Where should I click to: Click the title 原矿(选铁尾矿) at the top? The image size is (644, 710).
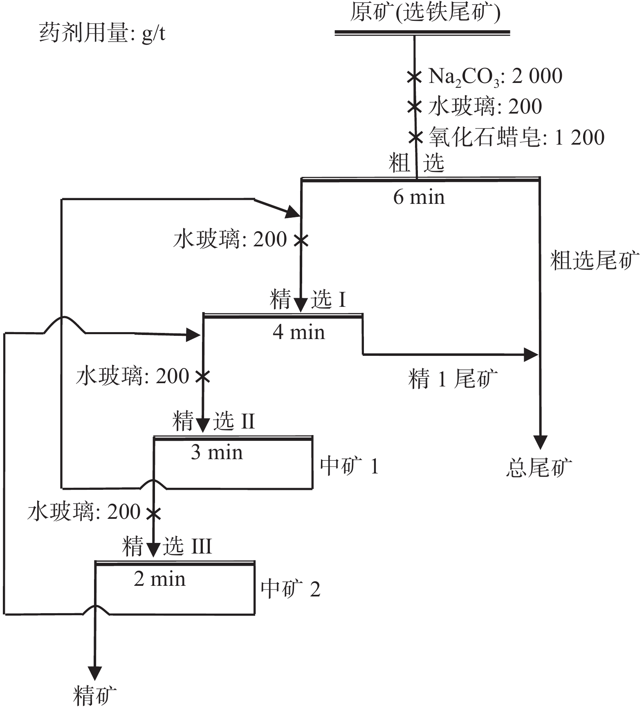(x=425, y=12)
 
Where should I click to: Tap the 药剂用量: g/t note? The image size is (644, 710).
(x=102, y=33)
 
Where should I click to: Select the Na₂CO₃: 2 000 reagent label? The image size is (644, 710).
(x=495, y=76)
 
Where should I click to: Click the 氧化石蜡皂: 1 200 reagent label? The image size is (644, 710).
(x=516, y=137)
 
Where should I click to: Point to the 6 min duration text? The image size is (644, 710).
(x=419, y=197)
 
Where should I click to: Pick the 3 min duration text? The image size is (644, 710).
(x=217, y=452)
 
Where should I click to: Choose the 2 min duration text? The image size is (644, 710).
(x=159, y=579)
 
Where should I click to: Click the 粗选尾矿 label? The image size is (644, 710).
(x=595, y=260)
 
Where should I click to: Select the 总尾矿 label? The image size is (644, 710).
(x=539, y=467)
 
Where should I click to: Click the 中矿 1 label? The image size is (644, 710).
(x=349, y=466)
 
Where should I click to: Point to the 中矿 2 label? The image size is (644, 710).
(x=290, y=589)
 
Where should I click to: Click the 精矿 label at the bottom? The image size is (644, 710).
(x=95, y=695)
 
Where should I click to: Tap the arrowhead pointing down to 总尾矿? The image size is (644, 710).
(x=540, y=442)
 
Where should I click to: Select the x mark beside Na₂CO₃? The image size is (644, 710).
(x=414, y=76)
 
